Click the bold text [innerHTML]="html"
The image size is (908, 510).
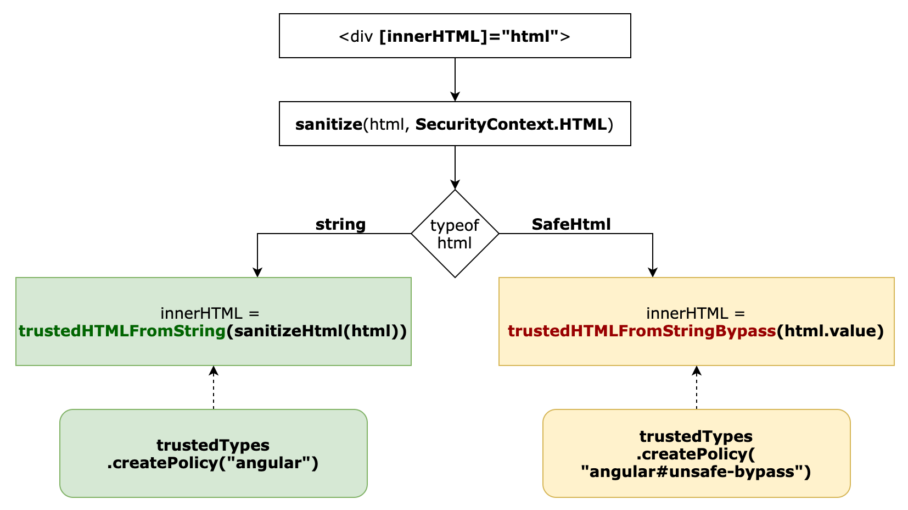pos(469,37)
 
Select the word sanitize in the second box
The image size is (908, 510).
pos(328,125)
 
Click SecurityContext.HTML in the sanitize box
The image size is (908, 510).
pos(511,125)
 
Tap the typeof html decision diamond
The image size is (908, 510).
pos(455,234)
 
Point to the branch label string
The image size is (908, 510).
pos(340,224)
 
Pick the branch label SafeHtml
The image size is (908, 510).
pos(571,224)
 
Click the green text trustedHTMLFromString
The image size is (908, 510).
pos(122,331)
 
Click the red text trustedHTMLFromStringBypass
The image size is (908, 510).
pos(641,331)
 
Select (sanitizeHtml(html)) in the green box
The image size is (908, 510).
pos(316,331)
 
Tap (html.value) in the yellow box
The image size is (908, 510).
pos(829,331)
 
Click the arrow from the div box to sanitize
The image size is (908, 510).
pos(455,80)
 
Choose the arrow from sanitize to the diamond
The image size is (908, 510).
pos(455,168)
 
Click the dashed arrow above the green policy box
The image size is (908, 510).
pos(214,387)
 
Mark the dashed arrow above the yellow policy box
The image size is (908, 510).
pos(696,387)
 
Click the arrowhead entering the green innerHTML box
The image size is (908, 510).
pos(257,272)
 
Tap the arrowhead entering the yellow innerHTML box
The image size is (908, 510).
pos(652,272)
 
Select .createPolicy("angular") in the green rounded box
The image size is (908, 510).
pos(213,463)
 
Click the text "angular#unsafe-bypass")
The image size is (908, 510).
pos(696,472)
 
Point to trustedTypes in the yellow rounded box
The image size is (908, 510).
pos(696,436)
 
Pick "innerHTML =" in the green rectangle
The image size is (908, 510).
pos(210,314)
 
